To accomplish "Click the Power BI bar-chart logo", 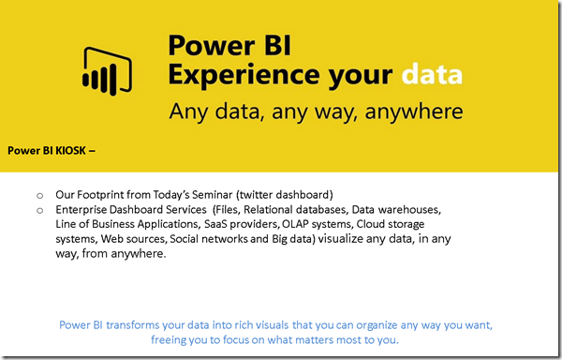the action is pyautogui.click(x=107, y=71).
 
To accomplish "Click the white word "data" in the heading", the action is pyautogui.click(x=432, y=74).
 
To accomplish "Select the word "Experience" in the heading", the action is pyautogui.click(x=244, y=76).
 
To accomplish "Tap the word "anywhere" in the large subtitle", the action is pyautogui.click(x=414, y=112).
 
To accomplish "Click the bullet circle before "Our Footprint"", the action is pyautogui.click(x=39, y=196).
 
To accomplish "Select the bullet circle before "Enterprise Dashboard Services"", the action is pyautogui.click(x=39, y=211).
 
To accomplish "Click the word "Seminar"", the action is pyautogui.click(x=213, y=195).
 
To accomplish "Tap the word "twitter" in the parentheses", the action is pyautogui.click(x=256, y=195).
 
